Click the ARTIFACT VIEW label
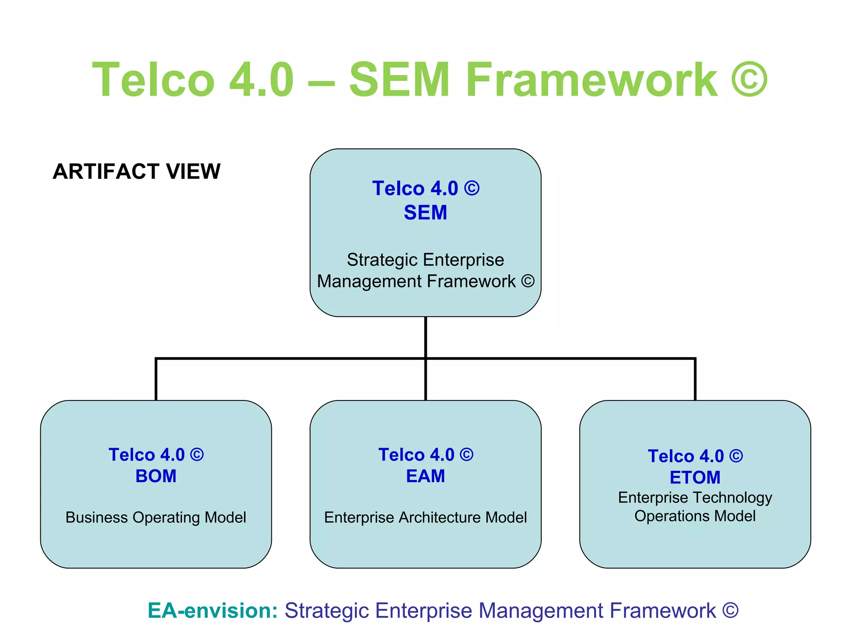click(137, 171)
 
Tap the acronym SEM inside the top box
click(425, 213)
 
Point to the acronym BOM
click(156, 476)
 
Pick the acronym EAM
click(425, 476)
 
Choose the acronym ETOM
click(695, 478)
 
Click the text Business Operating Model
click(156, 517)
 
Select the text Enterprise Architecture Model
click(425, 517)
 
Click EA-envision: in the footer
click(212, 610)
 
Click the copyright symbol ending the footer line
click(730, 610)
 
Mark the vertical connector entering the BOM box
click(156, 379)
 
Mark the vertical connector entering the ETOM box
click(695, 379)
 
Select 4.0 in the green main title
click(261, 80)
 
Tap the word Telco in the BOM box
click(132, 455)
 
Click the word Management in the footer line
click(541, 610)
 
